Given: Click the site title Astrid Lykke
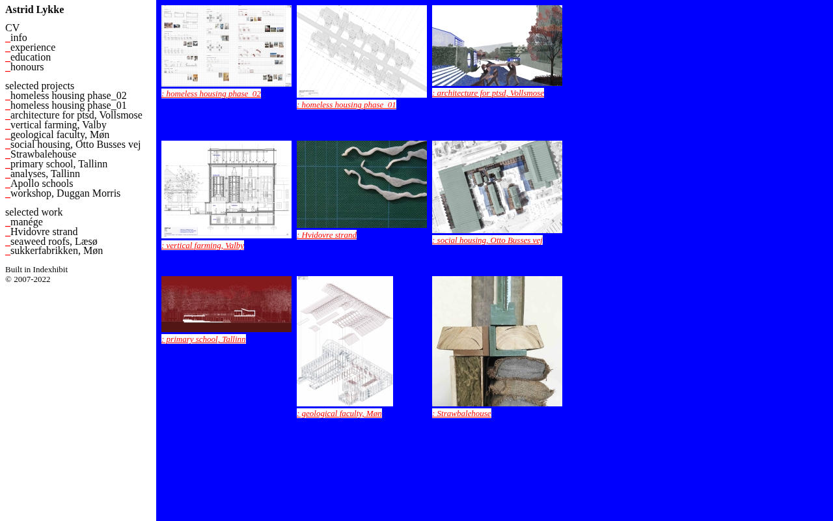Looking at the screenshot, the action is pos(34,10).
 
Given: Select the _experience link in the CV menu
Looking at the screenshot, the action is pos(30,48).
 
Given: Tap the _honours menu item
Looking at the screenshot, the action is pos(25,67).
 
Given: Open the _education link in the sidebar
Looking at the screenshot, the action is pos(28,57).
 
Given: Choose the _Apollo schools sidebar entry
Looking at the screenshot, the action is pos(39,184).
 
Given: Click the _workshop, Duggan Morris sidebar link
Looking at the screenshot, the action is pos(63,193).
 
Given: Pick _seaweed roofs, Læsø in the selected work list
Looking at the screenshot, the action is pos(51,242).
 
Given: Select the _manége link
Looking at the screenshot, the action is pos(24,222).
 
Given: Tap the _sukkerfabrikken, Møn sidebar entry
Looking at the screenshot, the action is pos(54,251).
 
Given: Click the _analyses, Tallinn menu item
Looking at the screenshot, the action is pos(42,174).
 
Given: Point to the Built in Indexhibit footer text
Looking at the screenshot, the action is pos(36,270).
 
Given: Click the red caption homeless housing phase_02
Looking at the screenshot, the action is pos(212,93).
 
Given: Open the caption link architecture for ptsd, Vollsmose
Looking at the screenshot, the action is pos(488,93).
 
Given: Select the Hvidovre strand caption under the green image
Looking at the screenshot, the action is pos(327,235).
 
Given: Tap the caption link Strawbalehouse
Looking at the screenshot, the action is pos(461,414).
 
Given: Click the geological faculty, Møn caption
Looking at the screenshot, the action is pos(339,414).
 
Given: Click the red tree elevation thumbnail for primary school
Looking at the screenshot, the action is pos(226,304).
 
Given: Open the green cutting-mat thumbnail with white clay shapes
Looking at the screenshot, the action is pos(362,184).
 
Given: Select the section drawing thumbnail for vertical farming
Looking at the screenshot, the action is pos(226,190).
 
